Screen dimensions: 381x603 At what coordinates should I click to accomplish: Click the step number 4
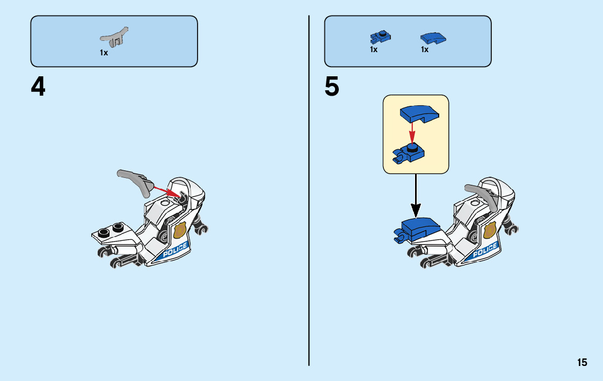coord(38,87)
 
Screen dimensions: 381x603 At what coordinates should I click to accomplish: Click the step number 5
coord(332,87)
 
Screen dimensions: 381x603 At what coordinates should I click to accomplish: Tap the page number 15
coord(582,363)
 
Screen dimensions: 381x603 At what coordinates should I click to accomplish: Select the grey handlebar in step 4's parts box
coord(115,37)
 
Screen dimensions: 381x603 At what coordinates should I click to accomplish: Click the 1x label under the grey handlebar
coord(104,53)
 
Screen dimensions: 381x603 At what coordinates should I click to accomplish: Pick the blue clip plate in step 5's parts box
coord(380,38)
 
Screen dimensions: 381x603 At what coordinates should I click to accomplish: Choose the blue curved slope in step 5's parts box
coord(433,38)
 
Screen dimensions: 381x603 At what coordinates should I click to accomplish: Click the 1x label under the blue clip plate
coord(374,49)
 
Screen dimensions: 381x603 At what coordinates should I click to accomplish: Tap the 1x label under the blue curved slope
coord(425,49)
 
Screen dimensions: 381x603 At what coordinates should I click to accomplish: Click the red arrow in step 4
coord(166,190)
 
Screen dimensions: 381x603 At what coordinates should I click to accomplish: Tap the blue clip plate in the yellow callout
coord(410,154)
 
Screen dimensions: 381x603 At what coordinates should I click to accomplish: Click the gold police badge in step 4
coord(180,231)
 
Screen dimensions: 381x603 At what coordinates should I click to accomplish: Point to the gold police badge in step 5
coord(490,231)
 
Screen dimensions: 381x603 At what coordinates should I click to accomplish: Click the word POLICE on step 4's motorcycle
coord(175,250)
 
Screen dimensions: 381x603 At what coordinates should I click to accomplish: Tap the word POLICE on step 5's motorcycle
coord(485,250)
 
